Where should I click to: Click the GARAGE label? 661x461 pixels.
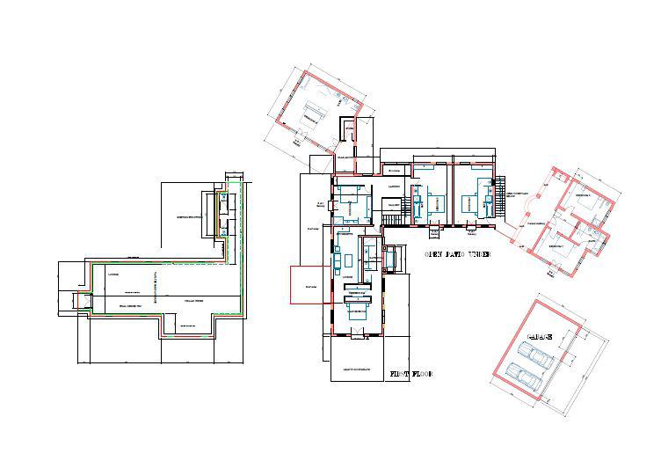(539, 338)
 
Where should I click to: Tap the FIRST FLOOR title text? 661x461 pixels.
(411, 374)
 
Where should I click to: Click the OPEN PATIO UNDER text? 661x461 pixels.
(457, 254)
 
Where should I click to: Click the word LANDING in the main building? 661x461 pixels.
(395, 187)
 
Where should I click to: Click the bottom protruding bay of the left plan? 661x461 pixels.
(185, 327)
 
